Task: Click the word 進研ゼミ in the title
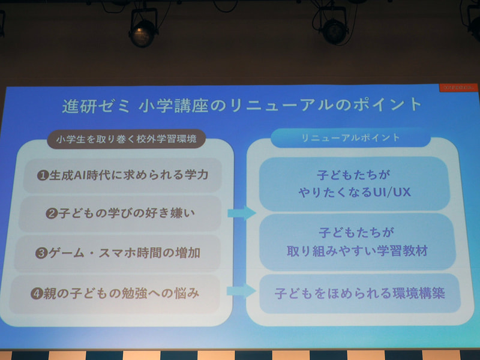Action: (94, 106)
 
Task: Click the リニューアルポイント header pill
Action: (350, 137)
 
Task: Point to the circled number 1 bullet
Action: (43, 175)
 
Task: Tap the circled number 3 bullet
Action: (42, 253)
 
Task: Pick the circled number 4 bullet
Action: (42, 294)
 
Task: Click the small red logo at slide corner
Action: (459, 88)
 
